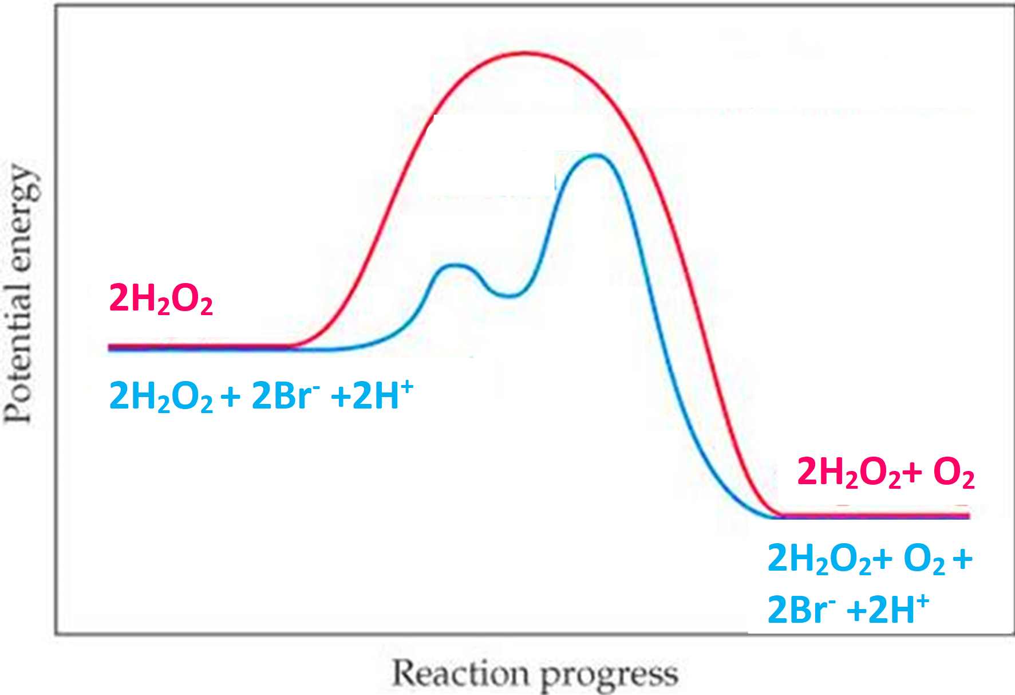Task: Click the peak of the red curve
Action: click(x=525, y=53)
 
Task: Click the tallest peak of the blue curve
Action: click(x=596, y=155)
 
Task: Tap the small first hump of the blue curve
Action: click(x=455, y=265)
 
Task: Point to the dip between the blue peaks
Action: click(x=509, y=296)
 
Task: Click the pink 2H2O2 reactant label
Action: click(x=161, y=299)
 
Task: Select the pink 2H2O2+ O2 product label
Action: click(x=885, y=473)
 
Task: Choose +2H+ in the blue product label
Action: click(x=887, y=608)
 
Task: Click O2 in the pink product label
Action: click(x=953, y=473)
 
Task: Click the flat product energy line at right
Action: click(x=876, y=516)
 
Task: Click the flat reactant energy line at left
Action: click(x=200, y=347)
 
